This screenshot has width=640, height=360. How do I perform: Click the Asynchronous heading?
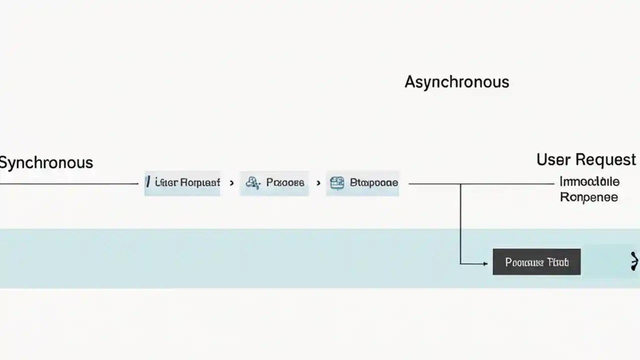(456, 82)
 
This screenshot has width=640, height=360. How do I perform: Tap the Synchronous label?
(46, 162)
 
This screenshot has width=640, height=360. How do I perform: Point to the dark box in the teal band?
(536, 262)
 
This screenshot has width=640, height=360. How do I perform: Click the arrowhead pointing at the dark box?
(484, 263)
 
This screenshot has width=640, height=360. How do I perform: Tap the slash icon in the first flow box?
(148, 182)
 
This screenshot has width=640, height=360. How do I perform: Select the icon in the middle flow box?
(252, 183)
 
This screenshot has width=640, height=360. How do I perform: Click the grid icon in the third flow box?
(337, 183)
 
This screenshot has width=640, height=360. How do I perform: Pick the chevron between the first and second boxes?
(231, 183)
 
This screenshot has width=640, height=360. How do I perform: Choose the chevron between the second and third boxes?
(318, 183)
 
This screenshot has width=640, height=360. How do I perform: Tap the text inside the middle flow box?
(285, 183)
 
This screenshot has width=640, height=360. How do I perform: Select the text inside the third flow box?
(373, 183)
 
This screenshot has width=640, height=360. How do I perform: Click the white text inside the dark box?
(536, 262)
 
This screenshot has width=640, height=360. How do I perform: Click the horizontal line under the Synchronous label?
(70, 183)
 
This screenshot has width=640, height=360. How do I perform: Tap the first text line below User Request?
(589, 181)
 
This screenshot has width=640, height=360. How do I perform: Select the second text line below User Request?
(588, 197)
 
